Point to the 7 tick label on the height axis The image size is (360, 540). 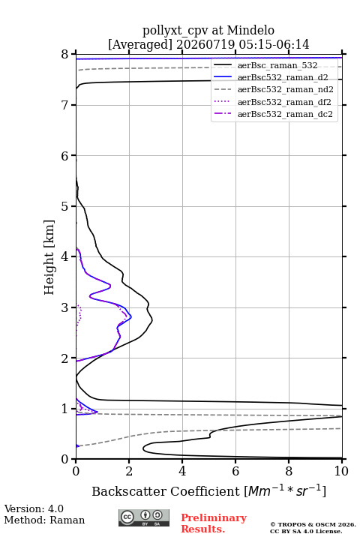(64, 105)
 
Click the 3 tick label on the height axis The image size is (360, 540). (64, 307)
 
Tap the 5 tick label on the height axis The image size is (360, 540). (64, 206)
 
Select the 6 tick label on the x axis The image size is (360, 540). (235, 471)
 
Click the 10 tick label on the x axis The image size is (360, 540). (341, 471)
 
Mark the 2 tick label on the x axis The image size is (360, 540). (129, 471)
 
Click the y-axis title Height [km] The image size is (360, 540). (49, 257)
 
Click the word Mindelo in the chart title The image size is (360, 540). (250, 30)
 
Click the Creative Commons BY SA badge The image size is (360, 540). (144, 517)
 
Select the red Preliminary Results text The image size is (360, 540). (214, 523)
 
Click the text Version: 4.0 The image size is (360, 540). (34, 508)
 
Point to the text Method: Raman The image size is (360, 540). (44, 520)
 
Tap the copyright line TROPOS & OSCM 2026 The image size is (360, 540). (313, 524)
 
